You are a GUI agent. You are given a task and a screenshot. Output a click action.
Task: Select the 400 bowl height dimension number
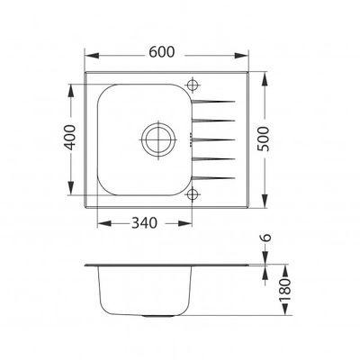click(67, 139)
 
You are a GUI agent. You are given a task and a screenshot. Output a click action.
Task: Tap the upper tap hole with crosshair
click(192, 85)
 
